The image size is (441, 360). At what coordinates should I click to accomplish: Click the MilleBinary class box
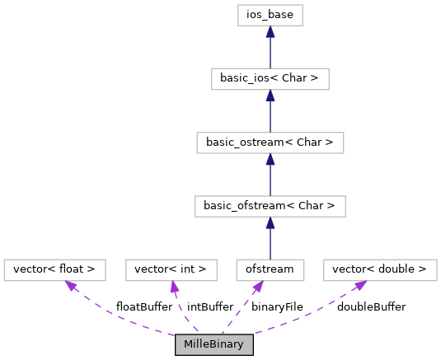213,344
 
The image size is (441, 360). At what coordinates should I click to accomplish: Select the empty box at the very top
270,15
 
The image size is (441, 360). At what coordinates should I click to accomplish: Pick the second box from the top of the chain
270,79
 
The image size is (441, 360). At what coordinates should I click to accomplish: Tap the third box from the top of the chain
270,143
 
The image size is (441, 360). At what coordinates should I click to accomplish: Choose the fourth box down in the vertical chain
270,206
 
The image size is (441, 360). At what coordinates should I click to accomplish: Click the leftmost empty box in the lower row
54,270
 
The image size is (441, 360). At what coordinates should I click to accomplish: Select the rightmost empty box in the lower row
380,270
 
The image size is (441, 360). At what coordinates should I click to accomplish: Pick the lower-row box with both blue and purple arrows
270,270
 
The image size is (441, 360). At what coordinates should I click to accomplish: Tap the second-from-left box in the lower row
171,270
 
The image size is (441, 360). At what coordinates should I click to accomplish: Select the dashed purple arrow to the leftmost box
115,318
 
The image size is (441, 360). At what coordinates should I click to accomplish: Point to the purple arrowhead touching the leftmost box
72,286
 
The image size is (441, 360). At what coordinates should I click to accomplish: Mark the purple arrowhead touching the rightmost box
360,285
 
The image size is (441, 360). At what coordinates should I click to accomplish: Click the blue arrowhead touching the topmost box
270,31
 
